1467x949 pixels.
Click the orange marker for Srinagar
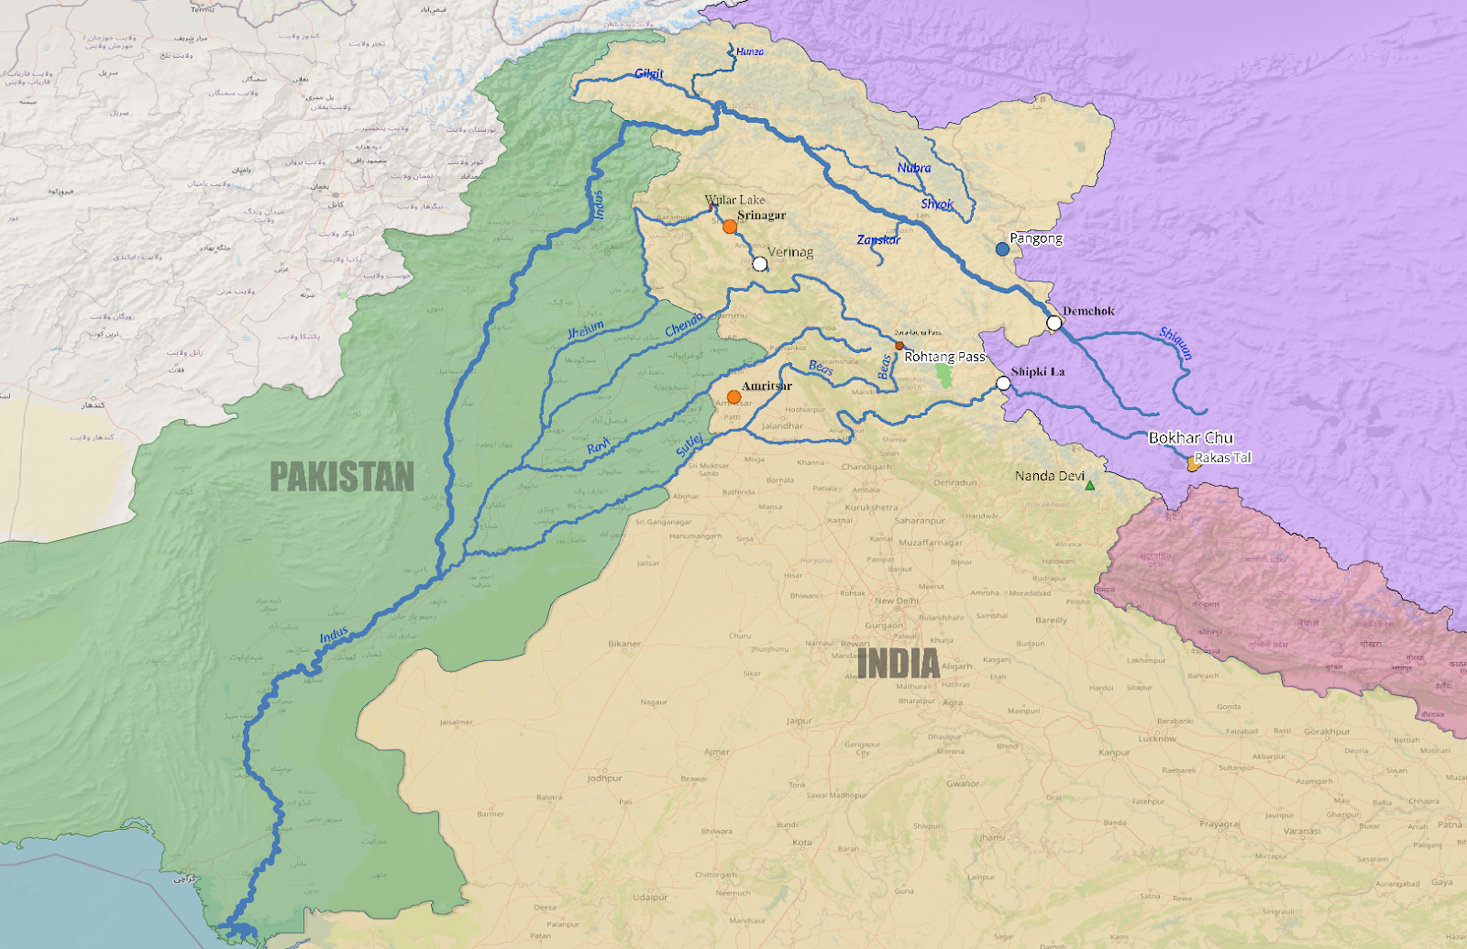pyautogui.click(x=729, y=226)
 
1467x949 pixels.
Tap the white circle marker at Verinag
pyautogui.click(x=759, y=264)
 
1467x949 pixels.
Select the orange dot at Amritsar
pyautogui.click(x=733, y=397)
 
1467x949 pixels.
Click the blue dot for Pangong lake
pyautogui.click(x=1002, y=248)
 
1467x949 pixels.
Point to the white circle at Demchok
pyautogui.click(x=1054, y=323)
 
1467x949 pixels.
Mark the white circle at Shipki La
pyautogui.click(x=1003, y=383)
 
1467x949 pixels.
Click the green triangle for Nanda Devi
pyautogui.click(x=1090, y=485)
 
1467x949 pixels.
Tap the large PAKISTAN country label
pyautogui.click(x=342, y=477)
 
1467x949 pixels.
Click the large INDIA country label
pyautogui.click(x=899, y=664)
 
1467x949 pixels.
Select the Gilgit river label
pyautogui.click(x=649, y=73)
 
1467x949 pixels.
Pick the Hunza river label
pyautogui.click(x=749, y=52)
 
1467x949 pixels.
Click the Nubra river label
pyautogui.click(x=914, y=168)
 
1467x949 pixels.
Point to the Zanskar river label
pyautogui.click(x=878, y=240)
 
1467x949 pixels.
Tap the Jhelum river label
pyautogui.click(x=586, y=330)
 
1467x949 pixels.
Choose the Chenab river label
pyautogui.click(x=685, y=324)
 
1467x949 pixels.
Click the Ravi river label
pyautogui.click(x=598, y=447)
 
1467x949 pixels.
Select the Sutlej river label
pyautogui.click(x=689, y=446)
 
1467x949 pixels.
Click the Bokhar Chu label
pyautogui.click(x=1191, y=438)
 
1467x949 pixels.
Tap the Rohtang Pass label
pyautogui.click(x=944, y=357)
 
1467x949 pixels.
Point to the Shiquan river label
pyautogui.click(x=1176, y=343)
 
